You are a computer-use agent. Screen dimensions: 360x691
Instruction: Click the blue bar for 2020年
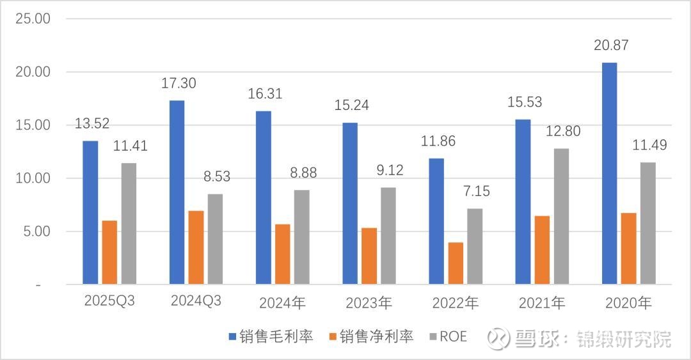pyautogui.click(x=610, y=173)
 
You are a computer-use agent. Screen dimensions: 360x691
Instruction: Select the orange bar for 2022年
pyautogui.click(x=456, y=263)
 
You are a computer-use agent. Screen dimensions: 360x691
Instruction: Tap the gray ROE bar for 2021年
pyautogui.click(x=561, y=216)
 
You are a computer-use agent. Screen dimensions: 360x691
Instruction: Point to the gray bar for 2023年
pyautogui.click(x=388, y=236)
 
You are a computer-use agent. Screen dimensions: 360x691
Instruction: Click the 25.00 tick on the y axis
pyautogui.click(x=33, y=19)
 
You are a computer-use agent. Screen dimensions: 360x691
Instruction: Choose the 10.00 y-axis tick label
pyautogui.click(x=33, y=178)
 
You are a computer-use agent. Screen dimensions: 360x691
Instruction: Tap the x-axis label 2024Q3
pyautogui.click(x=196, y=301)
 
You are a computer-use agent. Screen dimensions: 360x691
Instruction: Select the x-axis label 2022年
pyautogui.click(x=455, y=302)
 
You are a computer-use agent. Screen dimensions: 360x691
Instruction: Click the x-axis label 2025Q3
pyautogui.click(x=109, y=301)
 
